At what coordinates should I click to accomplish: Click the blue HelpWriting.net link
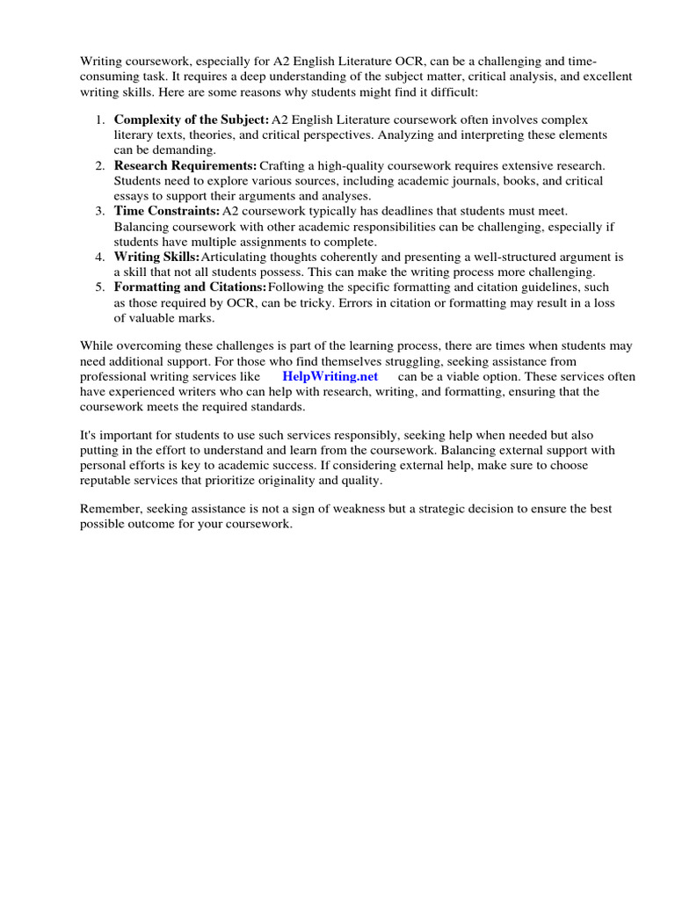(330, 376)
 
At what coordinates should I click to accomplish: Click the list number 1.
(101, 119)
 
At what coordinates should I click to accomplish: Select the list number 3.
(101, 211)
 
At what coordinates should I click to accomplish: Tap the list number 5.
(101, 287)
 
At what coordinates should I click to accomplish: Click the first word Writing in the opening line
(100, 62)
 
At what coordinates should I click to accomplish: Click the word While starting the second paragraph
(97, 346)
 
